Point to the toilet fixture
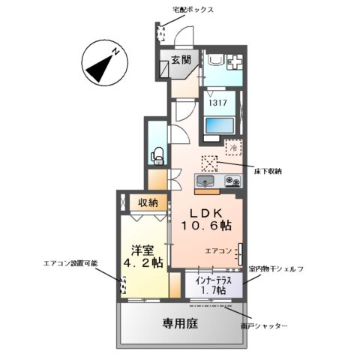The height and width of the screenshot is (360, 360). (158, 155)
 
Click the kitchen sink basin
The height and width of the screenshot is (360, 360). (205, 181)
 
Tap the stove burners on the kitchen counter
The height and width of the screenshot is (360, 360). (231, 181)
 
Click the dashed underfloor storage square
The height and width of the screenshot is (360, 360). (208, 163)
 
